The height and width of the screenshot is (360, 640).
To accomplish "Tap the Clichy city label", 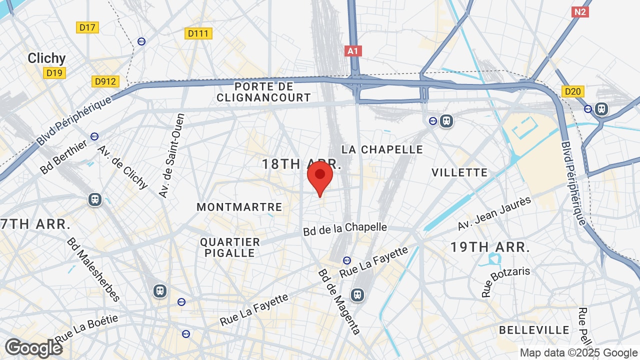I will pyautogui.click(x=46, y=58).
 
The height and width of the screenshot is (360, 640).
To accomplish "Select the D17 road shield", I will pyautogui.click(x=87, y=27).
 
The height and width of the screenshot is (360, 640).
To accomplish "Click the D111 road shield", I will pyautogui.click(x=199, y=33).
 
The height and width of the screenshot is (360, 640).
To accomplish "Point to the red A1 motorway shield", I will pyautogui.click(x=353, y=50).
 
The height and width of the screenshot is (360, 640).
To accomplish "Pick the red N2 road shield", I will pyautogui.click(x=579, y=11).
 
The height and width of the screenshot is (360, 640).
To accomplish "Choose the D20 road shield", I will pyautogui.click(x=573, y=91).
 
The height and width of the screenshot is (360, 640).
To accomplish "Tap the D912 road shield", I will pyautogui.click(x=105, y=81).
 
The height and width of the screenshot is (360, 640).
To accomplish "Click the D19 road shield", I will pyautogui.click(x=54, y=73).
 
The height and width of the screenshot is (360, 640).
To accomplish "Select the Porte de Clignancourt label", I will pyautogui.click(x=263, y=92).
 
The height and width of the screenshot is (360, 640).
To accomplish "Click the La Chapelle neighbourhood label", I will pyautogui.click(x=382, y=149).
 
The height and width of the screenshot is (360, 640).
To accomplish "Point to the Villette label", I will pyautogui.click(x=459, y=172).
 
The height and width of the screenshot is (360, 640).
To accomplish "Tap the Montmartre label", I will pyautogui.click(x=239, y=207).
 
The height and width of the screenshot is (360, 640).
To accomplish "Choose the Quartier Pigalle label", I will pyautogui.click(x=230, y=247).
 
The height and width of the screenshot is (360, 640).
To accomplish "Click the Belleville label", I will pyautogui.click(x=534, y=330).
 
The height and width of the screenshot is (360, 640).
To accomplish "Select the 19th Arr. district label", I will pyautogui.click(x=490, y=247).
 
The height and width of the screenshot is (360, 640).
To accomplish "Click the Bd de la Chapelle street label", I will pyautogui.click(x=345, y=228).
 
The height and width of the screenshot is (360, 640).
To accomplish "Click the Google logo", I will pyautogui.click(x=33, y=348).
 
